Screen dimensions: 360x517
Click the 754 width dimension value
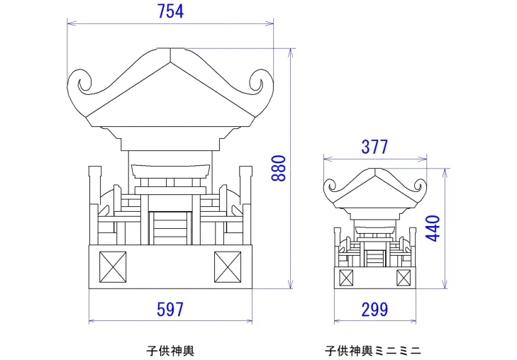point(169,11)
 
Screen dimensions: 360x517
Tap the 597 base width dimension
point(169,309)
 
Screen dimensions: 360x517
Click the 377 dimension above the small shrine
point(374,147)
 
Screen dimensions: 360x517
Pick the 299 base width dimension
point(374,309)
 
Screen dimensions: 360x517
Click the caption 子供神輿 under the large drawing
point(170,350)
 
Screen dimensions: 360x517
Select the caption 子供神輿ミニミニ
point(373,350)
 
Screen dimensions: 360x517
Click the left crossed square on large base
point(112,266)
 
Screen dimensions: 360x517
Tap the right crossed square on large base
point(228,266)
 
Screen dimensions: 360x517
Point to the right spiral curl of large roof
point(257,83)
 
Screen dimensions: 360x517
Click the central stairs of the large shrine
point(170,228)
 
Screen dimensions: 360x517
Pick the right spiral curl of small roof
point(418,187)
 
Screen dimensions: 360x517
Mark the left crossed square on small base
point(346,277)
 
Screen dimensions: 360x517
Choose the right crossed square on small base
point(404,277)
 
